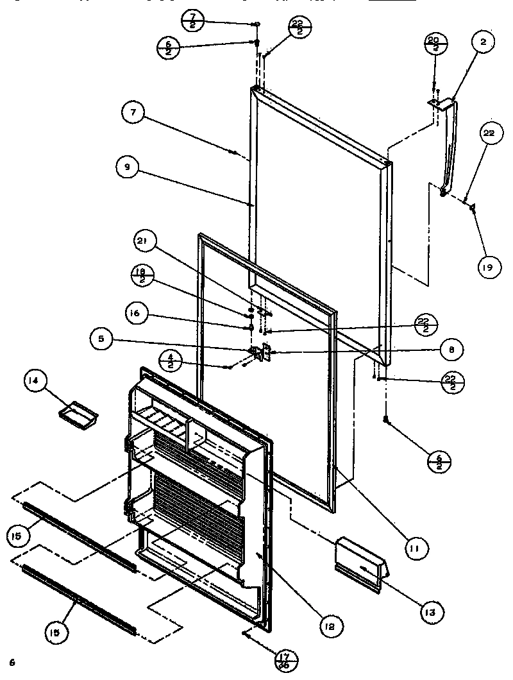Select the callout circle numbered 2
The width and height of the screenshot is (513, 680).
pos(484,44)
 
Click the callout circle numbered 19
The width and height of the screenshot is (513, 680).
pos(487,266)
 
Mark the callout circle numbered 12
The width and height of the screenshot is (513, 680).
pos(328,624)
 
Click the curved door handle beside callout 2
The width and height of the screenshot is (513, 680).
pos(450,144)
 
